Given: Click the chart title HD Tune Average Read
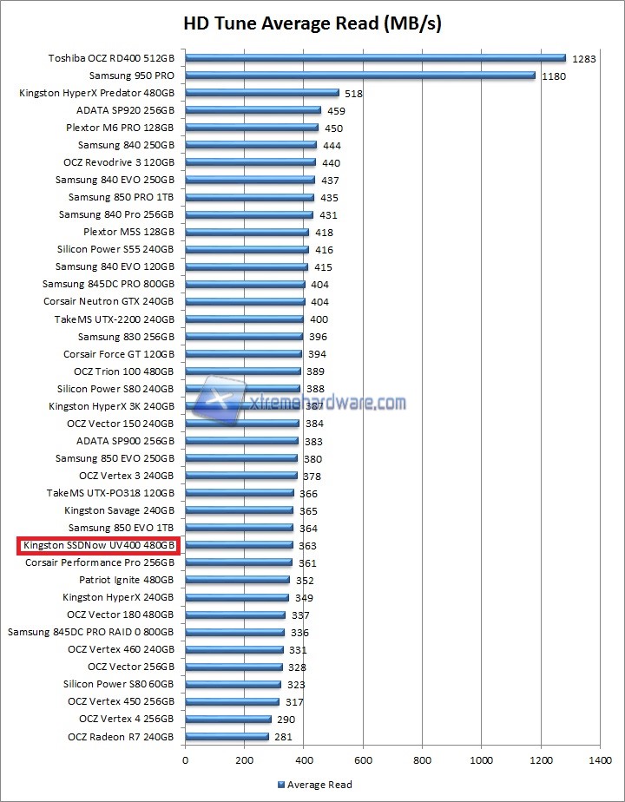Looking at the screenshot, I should [312, 23].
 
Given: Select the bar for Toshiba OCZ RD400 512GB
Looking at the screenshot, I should [375, 58].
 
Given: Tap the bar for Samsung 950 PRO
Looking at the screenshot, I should [359, 76].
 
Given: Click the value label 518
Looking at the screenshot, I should [353, 94].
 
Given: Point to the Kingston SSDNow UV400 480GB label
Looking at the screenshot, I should [99, 546].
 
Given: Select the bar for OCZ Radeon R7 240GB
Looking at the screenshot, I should [227, 737].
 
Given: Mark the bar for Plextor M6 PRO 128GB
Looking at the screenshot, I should [252, 128].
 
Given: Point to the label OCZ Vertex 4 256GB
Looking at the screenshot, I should [127, 719].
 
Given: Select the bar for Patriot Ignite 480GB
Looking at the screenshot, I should [237, 580].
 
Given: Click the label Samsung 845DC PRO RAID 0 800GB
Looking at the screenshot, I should [91, 632].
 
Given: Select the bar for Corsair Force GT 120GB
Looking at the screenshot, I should [243, 354].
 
